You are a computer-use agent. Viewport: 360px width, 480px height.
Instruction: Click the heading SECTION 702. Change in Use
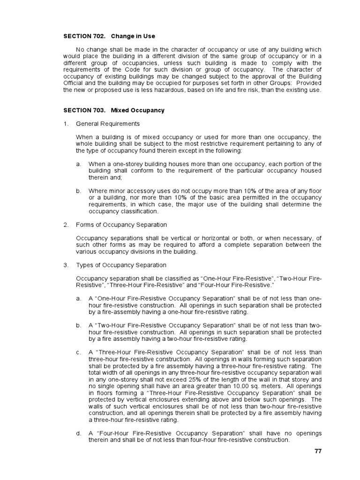[x=109, y=36]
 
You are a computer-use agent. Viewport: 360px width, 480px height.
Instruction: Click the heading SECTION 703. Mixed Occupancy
[x=114, y=110]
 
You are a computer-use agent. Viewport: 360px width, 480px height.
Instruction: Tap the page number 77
[x=318, y=451]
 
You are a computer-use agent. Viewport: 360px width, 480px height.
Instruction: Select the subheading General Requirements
[x=108, y=124]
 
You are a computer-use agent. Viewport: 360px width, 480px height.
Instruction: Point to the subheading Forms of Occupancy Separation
[x=121, y=225]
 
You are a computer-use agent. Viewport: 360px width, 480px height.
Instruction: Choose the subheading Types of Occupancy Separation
[x=121, y=265]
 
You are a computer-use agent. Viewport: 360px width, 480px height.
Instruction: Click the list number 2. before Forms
[x=66, y=225]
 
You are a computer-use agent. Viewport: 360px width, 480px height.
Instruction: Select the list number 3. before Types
[x=66, y=265]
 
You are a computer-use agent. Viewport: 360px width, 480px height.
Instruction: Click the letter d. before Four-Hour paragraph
[x=79, y=434]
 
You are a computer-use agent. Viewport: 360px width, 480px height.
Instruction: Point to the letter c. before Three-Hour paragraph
[x=79, y=352]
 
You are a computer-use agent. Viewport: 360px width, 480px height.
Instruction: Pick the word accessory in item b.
[x=138, y=191]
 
